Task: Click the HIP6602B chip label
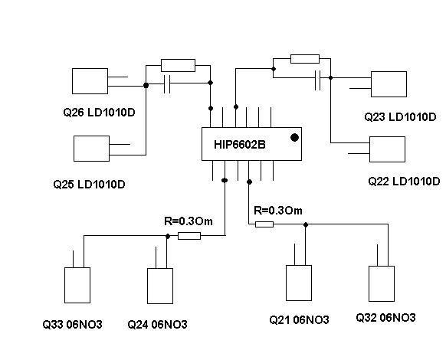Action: tap(240, 145)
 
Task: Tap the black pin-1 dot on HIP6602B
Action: tap(295, 138)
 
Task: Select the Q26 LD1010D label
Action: tap(99, 113)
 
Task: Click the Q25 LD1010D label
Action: tap(89, 185)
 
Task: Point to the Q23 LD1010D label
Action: tap(400, 117)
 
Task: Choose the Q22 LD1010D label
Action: tap(404, 181)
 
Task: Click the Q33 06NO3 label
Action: tap(72, 324)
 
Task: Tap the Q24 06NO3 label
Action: tap(157, 324)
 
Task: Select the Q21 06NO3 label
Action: tap(299, 320)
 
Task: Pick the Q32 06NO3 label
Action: tap(385, 317)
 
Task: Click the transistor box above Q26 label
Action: tap(90, 81)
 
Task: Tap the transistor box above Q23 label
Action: tap(389, 84)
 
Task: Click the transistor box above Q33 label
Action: tap(77, 285)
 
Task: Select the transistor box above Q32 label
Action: tap(382, 284)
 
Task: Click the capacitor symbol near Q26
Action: tap(167, 84)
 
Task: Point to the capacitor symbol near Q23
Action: tap(318, 80)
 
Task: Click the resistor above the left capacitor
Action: tap(178, 65)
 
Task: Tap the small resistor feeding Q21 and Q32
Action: tap(264, 224)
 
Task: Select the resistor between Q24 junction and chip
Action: tap(189, 236)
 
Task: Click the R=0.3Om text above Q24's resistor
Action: tap(189, 221)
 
